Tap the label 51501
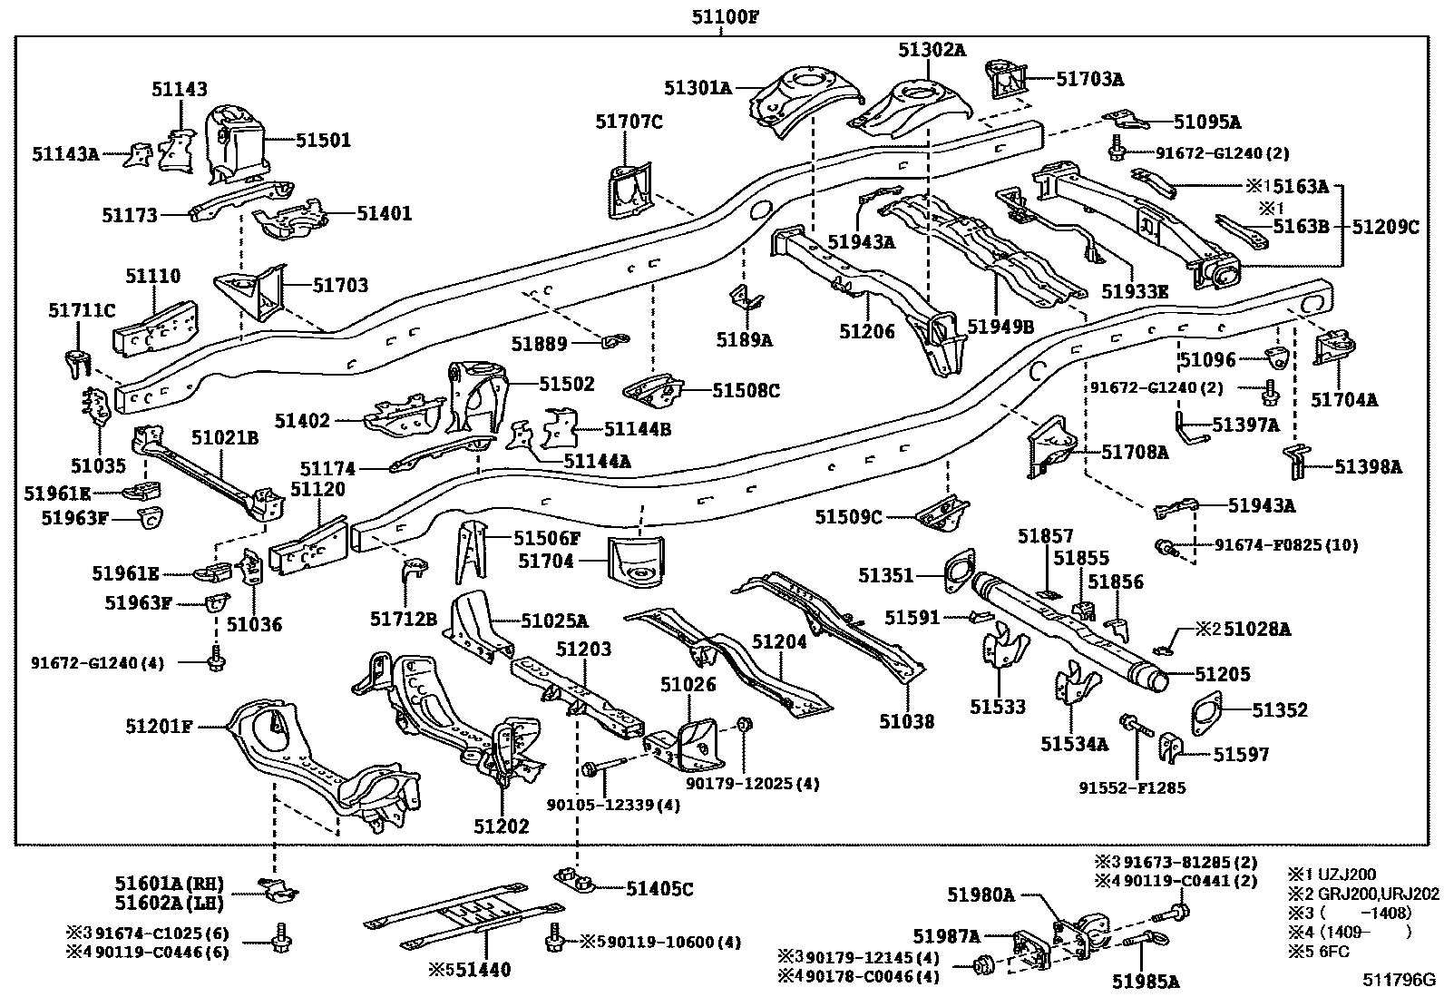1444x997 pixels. click(x=323, y=141)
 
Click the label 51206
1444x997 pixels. click(x=866, y=331)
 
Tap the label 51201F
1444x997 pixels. click(x=160, y=725)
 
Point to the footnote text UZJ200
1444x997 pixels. click(x=1345, y=875)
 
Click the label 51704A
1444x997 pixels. click(x=1344, y=399)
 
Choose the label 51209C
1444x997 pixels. click(x=1385, y=227)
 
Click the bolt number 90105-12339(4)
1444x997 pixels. click(x=626, y=804)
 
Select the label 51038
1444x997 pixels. click(x=906, y=721)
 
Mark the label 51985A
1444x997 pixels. click(x=1146, y=981)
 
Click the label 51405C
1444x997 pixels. click(x=659, y=889)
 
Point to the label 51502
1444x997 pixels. click(x=566, y=384)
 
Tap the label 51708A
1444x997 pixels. click(x=1135, y=451)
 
